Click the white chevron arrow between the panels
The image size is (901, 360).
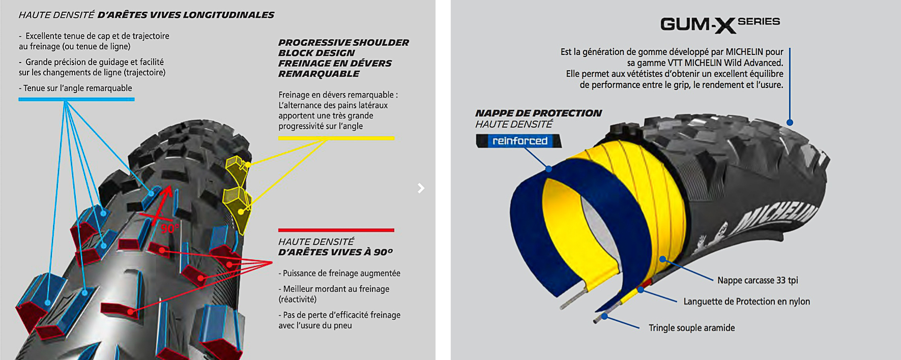click(x=421, y=188)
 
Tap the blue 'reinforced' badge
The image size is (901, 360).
click(x=519, y=141)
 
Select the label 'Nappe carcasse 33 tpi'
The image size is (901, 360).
click(x=757, y=280)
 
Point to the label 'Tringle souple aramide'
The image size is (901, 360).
click(x=691, y=328)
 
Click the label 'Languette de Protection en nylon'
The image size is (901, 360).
click(x=746, y=302)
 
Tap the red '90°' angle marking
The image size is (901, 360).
click(x=169, y=228)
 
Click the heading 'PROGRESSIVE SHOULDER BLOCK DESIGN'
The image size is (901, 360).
click(x=343, y=48)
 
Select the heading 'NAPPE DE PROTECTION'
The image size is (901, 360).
click(x=538, y=113)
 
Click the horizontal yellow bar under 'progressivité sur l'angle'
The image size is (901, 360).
click(x=336, y=138)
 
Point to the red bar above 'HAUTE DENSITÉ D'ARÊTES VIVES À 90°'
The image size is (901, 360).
click(x=336, y=230)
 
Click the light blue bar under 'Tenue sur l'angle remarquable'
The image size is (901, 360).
click(x=76, y=99)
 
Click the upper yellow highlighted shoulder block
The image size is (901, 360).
click(x=237, y=168)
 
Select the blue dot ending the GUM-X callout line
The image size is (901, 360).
click(x=790, y=123)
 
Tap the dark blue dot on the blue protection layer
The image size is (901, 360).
click(x=548, y=168)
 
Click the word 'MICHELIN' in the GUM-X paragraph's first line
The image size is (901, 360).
click(x=744, y=52)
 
